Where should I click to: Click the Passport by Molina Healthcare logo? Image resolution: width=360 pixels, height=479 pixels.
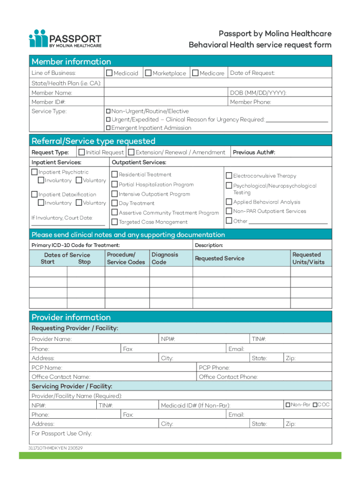pos(65,39)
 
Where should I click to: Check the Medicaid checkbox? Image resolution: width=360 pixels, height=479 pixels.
pos(109,73)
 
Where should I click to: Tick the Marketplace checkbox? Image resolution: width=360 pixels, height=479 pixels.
pos(148,73)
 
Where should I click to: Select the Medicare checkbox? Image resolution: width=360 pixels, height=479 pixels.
pos(195,73)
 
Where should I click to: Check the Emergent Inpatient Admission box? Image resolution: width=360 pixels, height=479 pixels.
pos(108,128)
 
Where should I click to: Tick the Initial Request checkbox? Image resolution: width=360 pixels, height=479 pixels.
pos(82,152)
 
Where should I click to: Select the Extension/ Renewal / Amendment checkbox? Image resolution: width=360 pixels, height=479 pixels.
pos(131,152)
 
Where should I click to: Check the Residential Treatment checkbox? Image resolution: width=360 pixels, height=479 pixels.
pos(115,175)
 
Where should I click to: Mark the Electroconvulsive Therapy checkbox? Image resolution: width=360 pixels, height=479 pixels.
pos(229,176)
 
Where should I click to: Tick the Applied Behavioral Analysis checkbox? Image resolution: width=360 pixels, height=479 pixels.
pos(229,202)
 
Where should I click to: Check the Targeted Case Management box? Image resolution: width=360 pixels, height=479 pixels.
pos(115,222)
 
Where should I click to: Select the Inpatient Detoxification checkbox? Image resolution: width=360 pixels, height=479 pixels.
pos(34,194)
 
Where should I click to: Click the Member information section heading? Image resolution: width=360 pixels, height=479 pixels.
pos(72,62)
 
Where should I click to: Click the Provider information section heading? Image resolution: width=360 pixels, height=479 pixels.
pos(71,317)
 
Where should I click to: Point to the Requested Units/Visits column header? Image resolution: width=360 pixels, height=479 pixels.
pos(308,258)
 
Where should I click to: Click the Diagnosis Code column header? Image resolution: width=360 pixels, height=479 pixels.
pos(165,258)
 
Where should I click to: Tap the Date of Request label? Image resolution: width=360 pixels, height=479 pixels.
pos(252,73)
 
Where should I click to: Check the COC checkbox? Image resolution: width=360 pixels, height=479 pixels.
pos(315,405)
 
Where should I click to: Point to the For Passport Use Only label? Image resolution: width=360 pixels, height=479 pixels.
pos(62,433)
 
